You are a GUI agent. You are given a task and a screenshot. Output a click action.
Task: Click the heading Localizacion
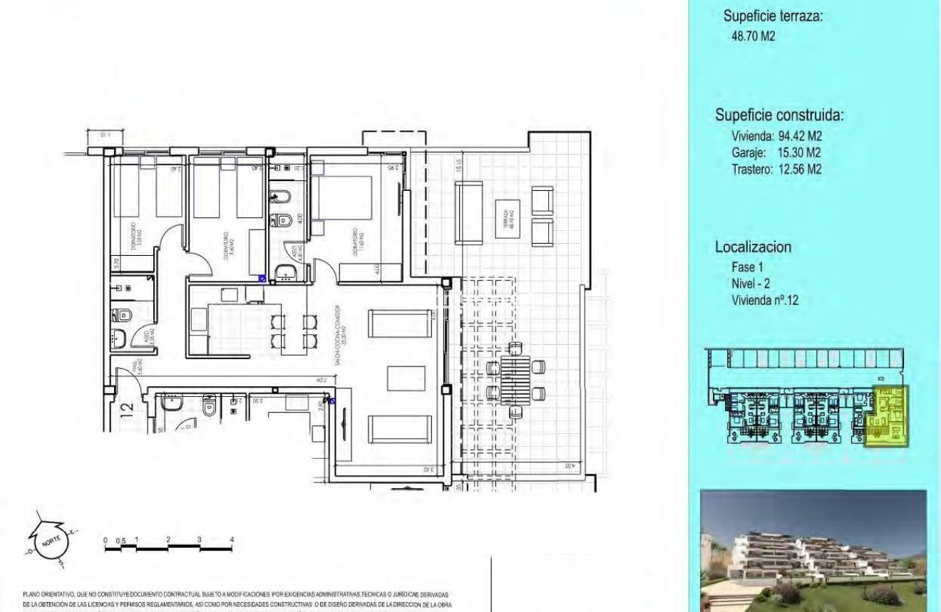coord(753,248)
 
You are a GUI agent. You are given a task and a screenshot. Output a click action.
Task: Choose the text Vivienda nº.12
coord(765,301)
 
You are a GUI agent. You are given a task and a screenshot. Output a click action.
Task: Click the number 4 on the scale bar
coord(232,540)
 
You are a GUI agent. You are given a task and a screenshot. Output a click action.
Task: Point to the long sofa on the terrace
coord(469,212)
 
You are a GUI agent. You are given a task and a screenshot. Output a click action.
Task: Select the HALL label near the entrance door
coord(135,366)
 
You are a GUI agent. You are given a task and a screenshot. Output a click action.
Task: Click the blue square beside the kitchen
coord(262,279)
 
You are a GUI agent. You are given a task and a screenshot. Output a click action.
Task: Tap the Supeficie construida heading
coord(783,116)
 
